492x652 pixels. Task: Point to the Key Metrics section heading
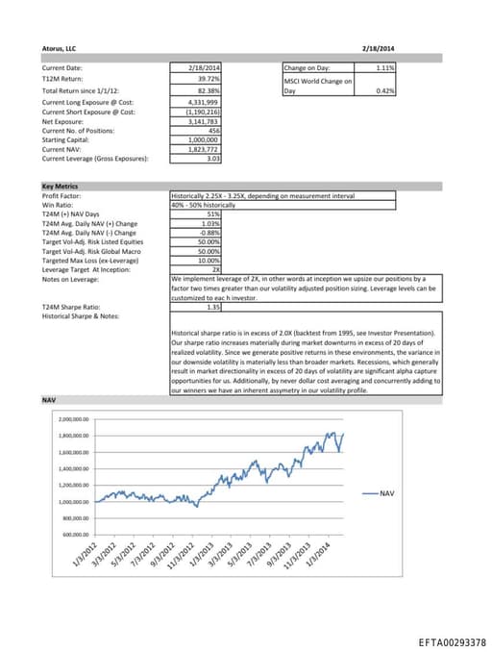click(61, 186)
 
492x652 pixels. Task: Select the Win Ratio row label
click(58, 204)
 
